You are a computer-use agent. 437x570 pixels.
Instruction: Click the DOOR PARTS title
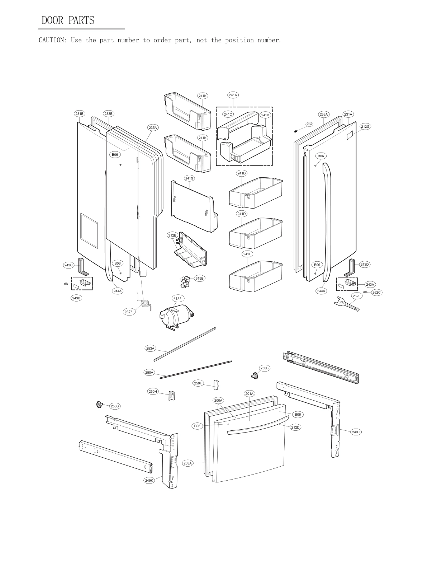point(68,20)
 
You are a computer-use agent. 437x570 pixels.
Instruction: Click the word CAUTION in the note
point(52,40)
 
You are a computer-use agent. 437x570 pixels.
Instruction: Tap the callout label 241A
point(233,95)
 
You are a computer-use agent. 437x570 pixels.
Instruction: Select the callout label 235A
point(153,127)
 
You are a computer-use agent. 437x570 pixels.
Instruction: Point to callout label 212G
point(365,126)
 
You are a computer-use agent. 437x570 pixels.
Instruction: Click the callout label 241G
point(189,178)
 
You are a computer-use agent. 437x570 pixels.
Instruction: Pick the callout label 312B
point(172,235)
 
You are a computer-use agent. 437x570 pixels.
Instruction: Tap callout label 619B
point(199,278)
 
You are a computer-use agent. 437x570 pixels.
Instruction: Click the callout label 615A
point(177,299)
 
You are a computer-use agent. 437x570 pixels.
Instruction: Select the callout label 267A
point(129,312)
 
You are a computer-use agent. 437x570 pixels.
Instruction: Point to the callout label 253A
point(150,348)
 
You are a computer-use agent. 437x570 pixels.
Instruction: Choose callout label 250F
point(198,383)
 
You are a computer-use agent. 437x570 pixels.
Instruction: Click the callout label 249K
point(149,480)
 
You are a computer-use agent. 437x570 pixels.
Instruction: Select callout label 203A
point(188,463)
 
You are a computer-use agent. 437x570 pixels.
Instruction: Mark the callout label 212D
point(295,428)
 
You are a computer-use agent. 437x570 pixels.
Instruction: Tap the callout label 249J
point(356,432)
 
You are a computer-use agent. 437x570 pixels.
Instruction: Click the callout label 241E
point(247,254)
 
